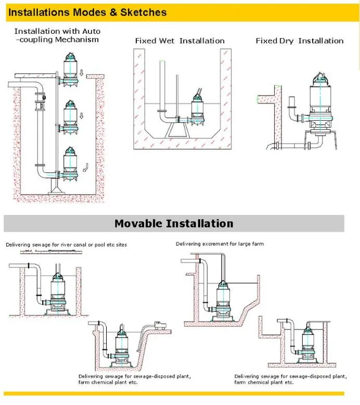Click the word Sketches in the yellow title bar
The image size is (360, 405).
point(142,11)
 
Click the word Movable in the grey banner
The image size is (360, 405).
point(138,224)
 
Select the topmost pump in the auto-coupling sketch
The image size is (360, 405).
point(71,68)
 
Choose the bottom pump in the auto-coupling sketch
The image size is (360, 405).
point(70,163)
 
